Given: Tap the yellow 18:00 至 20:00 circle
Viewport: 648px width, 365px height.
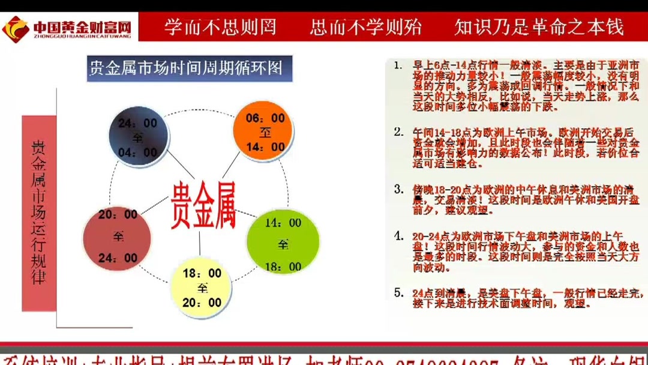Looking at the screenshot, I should click(x=202, y=286).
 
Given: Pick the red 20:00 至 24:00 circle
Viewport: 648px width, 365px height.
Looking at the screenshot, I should click(x=118, y=235).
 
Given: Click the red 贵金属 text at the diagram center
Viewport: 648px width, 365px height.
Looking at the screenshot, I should click(x=203, y=206).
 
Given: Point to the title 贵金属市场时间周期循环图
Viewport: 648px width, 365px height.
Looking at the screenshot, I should click(x=186, y=68).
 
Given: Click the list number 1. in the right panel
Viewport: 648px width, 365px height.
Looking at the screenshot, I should click(x=398, y=65).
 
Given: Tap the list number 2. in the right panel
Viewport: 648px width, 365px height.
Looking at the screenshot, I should click(x=398, y=131).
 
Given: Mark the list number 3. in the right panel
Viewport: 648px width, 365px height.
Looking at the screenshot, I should click(x=398, y=189).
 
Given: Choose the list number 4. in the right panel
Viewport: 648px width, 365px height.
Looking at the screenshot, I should click(x=398, y=235).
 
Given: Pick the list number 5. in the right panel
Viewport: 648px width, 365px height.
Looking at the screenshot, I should click(x=398, y=292).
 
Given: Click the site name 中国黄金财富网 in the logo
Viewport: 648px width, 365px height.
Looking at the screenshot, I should click(x=82, y=26).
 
